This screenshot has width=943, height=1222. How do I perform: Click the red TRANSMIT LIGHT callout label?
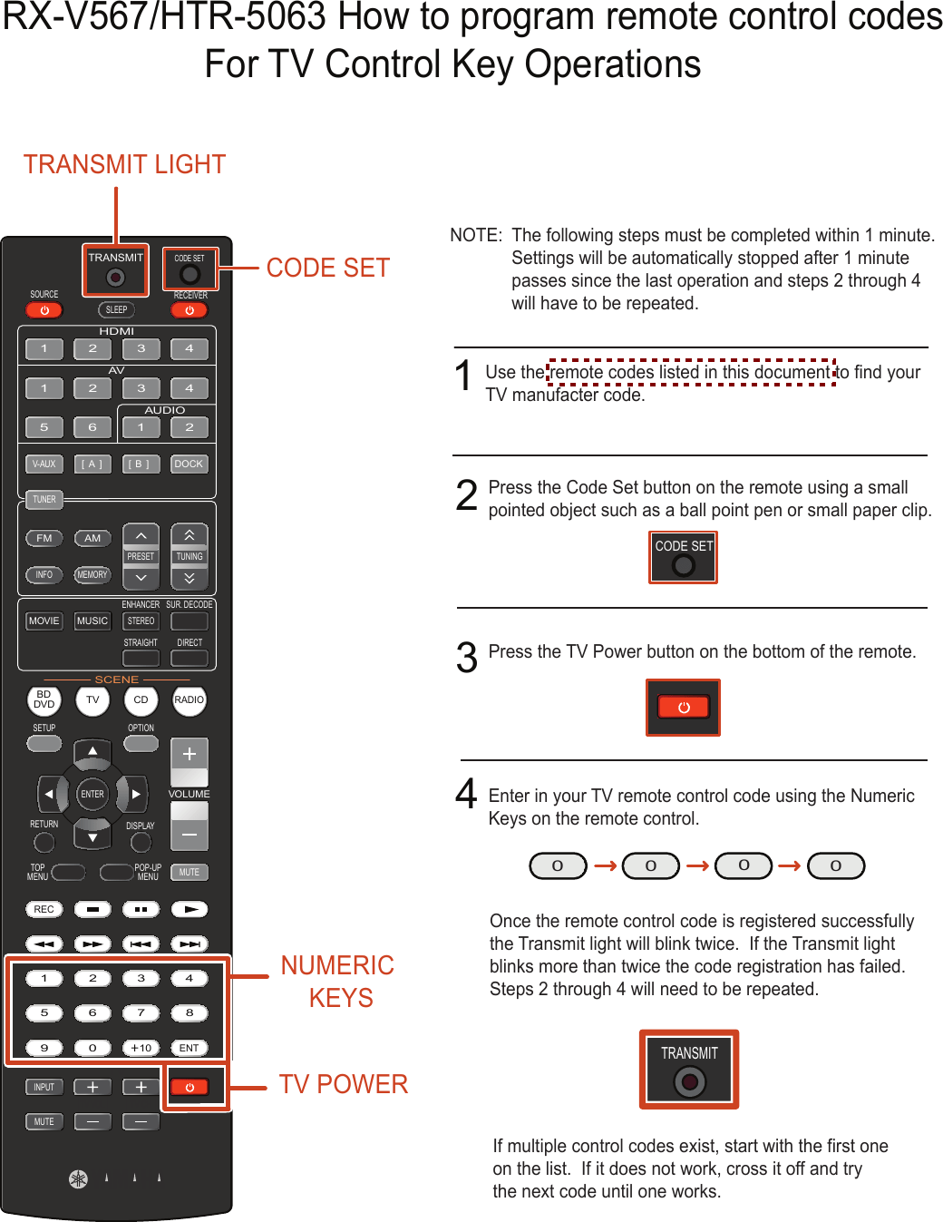[124, 164]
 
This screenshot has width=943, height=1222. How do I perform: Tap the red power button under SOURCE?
[44, 310]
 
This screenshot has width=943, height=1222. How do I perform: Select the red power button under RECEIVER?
[190, 310]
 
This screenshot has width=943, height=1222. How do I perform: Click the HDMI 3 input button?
[141, 348]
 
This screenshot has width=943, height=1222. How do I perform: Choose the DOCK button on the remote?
[189, 464]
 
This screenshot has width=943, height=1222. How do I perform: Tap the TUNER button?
[44, 499]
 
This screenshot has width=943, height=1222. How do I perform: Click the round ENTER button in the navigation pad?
[92, 794]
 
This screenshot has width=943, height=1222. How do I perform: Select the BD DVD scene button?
[44, 699]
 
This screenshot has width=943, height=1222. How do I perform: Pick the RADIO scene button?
[189, 699]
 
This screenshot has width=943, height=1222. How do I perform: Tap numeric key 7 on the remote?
[141, 1012]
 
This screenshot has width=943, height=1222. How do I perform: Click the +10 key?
[141, 1048]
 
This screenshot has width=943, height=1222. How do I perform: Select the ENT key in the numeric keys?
[189, 1048]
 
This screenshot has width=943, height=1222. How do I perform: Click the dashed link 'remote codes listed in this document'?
[691, 372]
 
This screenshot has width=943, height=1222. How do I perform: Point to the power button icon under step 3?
[684, 708]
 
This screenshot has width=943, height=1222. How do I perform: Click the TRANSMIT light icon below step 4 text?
[689, 1070]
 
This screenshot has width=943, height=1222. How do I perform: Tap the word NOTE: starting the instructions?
[476, 235]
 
